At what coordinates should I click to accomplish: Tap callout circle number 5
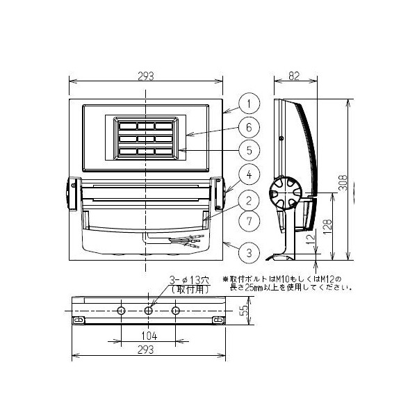tap(248, 149)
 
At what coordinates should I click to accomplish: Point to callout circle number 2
tap(248, 201)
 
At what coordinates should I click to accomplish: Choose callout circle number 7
tap(248, 222)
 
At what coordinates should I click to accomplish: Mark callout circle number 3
tap(248, 250)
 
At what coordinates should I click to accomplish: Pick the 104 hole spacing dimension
tap(148, 336)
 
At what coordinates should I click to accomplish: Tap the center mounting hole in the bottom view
tap(148, 311)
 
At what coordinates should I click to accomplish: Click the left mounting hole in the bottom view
tap(121, 311)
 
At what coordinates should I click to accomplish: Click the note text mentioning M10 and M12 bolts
tap(286, 283)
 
